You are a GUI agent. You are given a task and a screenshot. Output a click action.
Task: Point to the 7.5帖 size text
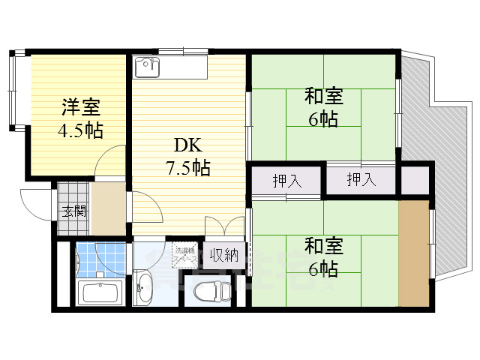point(190,167)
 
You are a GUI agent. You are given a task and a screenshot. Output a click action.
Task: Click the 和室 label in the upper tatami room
point(323,97)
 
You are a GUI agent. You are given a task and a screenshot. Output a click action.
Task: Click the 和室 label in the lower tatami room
point(323,246)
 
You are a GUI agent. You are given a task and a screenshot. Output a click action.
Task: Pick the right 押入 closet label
point(361,180)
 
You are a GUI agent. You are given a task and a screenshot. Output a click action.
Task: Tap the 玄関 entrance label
point(73,211)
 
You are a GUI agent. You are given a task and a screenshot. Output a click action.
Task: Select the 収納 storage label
point(223,255)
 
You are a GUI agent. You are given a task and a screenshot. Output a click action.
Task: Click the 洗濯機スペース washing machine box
point(186,255)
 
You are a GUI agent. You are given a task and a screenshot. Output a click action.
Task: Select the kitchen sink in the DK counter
point(147,67)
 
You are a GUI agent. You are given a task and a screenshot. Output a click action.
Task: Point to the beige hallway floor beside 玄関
point(109,206)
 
